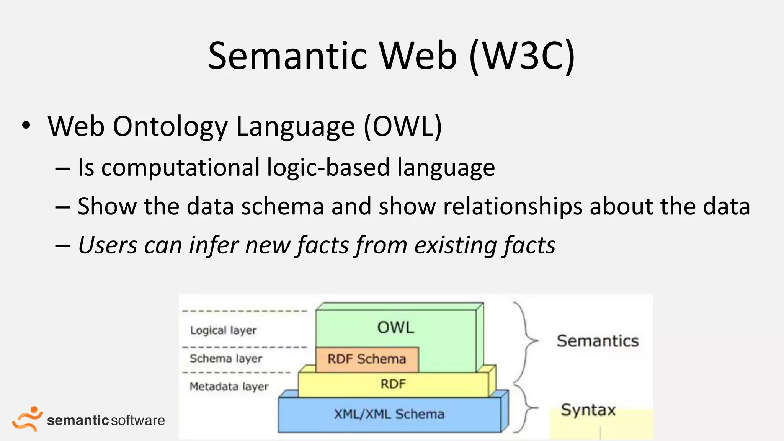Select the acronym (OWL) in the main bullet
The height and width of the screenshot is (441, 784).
tap(403, 126)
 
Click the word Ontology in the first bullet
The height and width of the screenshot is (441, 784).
tap(170, 126)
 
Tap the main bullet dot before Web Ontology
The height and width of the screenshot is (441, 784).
tap(26, 126)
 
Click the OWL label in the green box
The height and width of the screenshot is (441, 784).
tap(395, 328)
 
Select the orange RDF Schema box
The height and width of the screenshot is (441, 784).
tap(367, 359)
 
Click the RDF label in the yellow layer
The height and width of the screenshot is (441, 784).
tap(393, 384)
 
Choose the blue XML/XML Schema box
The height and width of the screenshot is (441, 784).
tap(389, 414)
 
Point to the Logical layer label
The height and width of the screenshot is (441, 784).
tap(223, 330)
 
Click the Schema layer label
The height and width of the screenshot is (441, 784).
tap(226, 359)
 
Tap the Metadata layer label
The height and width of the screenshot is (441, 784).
tap(229, 387)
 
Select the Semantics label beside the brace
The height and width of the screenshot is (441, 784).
tap(598, 341)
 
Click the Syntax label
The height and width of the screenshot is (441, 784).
tap(588, 410)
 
